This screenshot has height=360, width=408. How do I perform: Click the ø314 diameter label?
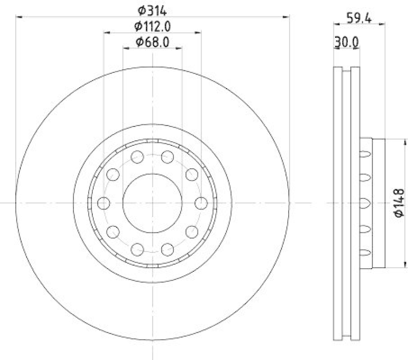(x=153, y=9)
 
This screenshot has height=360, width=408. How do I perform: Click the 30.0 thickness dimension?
(x=346, y=43)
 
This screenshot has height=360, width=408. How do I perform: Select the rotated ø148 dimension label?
(x=399, y=203)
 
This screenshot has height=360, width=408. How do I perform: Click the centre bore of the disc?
(x=152, y=203)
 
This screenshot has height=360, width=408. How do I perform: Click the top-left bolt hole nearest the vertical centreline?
(x=137, y=157)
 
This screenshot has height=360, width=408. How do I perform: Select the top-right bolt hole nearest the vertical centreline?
(x=168, y=157)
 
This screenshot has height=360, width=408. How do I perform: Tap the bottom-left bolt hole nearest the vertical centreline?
(x=137, y=249)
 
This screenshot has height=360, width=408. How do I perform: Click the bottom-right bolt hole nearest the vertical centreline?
(x=168, y=249)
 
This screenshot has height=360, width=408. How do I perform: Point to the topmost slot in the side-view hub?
(x=365, y=153)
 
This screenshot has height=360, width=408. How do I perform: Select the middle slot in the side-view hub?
(x=365, y=203)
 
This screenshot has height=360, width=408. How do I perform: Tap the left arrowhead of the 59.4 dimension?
(x=336, y=23)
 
